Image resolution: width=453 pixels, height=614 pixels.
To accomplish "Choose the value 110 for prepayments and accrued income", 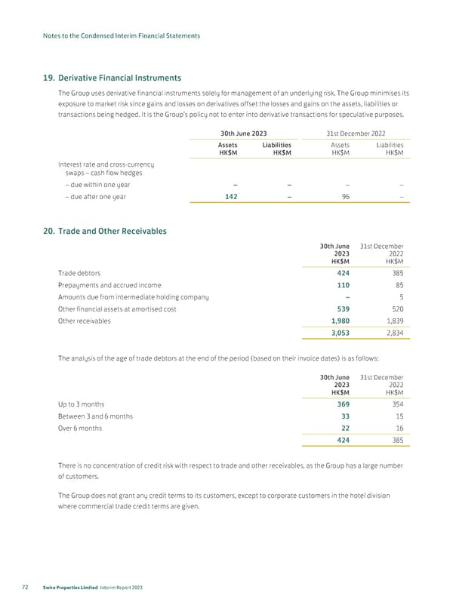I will (x=341, y=285).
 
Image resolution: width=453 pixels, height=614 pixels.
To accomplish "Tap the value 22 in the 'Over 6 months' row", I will (x=344, y=428).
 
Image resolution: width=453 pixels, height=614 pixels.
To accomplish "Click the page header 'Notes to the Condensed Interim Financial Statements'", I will (x=122, y=35).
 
